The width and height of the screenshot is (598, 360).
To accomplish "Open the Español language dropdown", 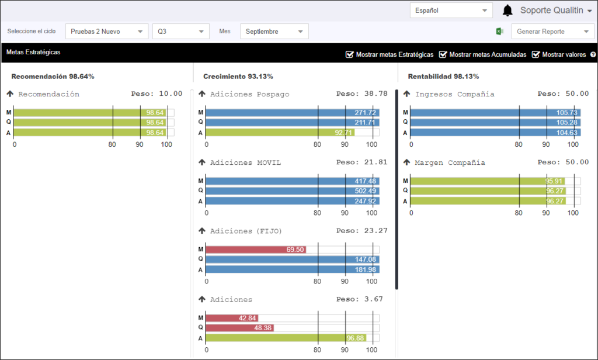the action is [451, 11].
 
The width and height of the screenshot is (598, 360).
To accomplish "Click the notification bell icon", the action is [507, 11].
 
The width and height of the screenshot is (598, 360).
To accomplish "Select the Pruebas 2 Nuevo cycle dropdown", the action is [107, 32].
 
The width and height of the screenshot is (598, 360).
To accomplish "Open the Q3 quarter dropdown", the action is [181, 32].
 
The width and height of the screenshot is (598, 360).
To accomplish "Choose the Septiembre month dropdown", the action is [274, 32].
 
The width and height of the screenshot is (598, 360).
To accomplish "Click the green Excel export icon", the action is [500, 32].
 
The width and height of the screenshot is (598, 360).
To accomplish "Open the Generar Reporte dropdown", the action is [552, 32].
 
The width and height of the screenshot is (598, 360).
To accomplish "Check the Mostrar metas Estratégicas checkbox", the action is [349, 54].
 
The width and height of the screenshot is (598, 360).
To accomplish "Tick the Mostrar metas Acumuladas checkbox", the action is [443, 54].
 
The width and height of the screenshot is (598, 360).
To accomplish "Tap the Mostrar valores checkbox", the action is [536, 54].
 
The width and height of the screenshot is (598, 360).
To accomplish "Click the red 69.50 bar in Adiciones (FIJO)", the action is [256, 250].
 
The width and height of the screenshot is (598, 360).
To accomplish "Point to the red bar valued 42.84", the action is [232, 317].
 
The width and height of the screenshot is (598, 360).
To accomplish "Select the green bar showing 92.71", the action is [280, 133].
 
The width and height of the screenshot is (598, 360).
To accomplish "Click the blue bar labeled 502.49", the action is [292, 191].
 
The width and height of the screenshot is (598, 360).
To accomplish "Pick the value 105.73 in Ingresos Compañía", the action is [566, 113].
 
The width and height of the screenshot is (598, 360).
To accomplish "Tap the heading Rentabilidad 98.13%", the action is [443, 77].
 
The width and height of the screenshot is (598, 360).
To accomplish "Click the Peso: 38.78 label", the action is [361, 94].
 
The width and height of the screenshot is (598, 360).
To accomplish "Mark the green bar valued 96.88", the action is [286, 338].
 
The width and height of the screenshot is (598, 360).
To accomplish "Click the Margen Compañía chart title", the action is [450, 162].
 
